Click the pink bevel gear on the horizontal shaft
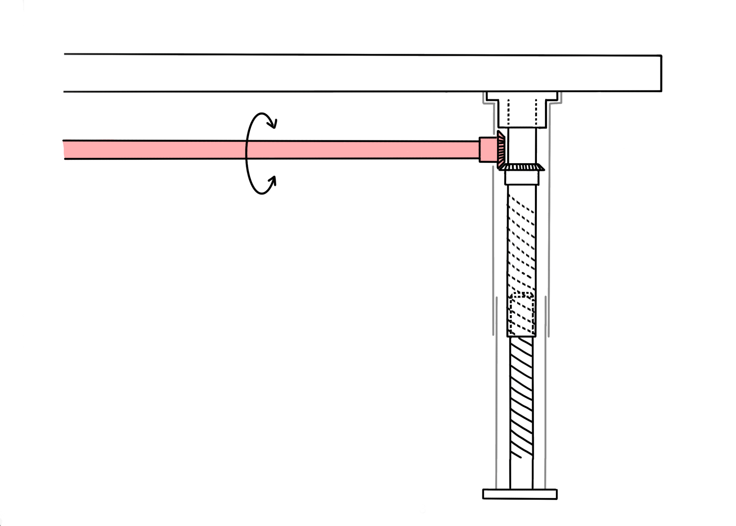point(501,150)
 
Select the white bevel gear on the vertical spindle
point(522,168)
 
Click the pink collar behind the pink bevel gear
point(488,150)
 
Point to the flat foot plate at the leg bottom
point(520,494)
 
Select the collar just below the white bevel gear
point(522,178)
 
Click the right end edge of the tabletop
point(661,73)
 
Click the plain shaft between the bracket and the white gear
point(522,145)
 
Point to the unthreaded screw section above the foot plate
point(521,474)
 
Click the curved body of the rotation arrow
point(246,152)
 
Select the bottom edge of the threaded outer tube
point(521,336)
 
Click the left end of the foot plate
point(484,494)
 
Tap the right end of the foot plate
point(556,494)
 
